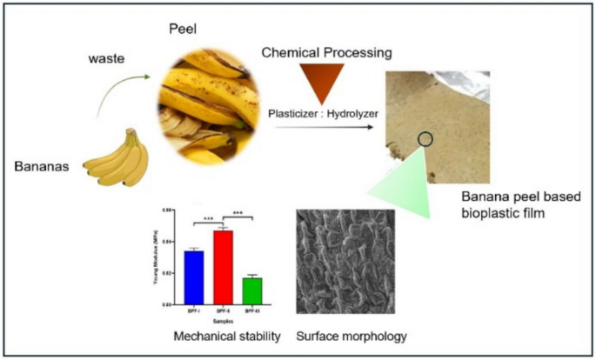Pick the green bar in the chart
(252, 290)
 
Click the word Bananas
(44, 164)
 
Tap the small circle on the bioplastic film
(425, 138)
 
